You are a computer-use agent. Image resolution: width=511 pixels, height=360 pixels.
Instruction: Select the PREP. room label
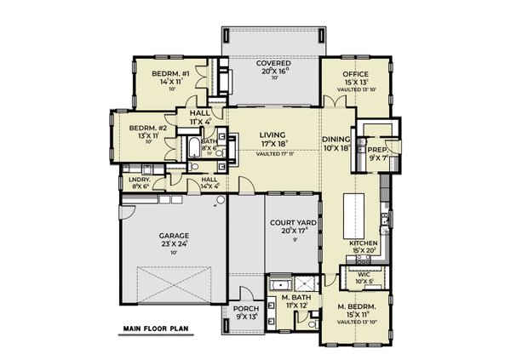[x=376, y=149]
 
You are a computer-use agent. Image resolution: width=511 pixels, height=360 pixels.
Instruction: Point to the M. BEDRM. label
[x=354, y=306]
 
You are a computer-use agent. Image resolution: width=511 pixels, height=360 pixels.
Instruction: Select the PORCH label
[x=245, y=309]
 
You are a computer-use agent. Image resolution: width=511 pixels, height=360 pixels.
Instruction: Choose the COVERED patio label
[x=275, y=64]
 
